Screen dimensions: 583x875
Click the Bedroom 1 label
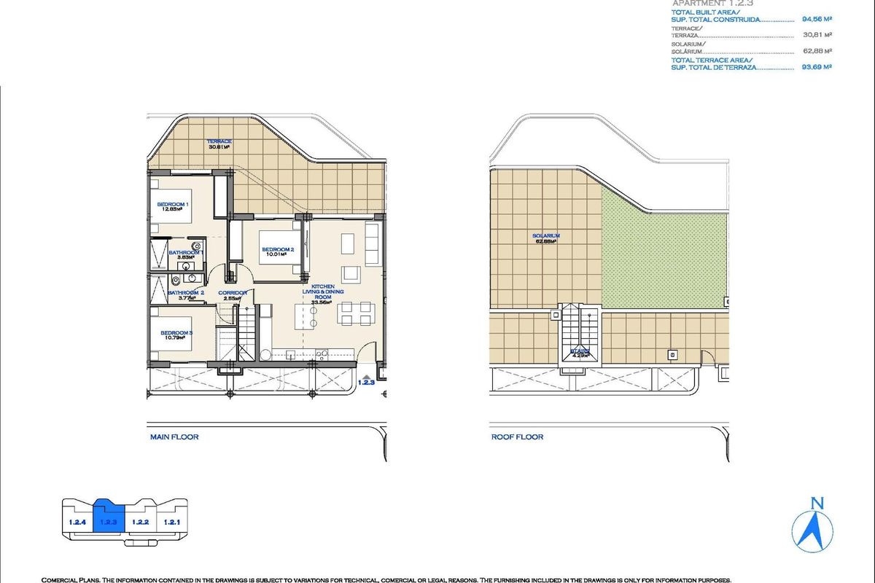(174, 205)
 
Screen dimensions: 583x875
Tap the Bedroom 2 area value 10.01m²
(278, 255)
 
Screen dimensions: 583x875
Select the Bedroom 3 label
(176, 333)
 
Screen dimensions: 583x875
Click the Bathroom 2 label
(185, 293)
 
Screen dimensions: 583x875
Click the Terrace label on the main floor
(219, 141)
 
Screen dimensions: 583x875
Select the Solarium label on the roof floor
(545, 236)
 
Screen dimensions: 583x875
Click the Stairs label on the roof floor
(580, 351)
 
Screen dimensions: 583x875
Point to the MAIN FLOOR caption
(174, 437)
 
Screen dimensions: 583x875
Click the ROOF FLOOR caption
(517, 437)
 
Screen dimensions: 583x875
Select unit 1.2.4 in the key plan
(77, 522)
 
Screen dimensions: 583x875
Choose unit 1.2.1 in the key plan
(171, 522)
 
